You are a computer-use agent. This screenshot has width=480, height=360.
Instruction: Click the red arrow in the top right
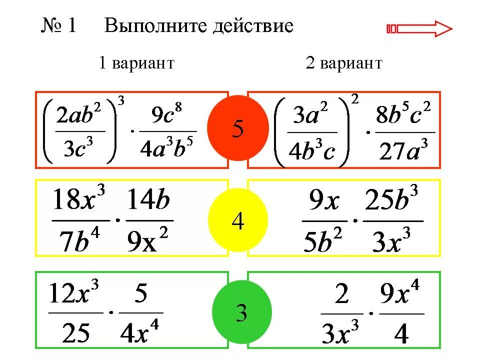click(419, 28)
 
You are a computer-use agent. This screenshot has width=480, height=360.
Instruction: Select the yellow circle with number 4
click(237, 220)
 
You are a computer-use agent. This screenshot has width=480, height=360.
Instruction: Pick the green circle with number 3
click(241, 313)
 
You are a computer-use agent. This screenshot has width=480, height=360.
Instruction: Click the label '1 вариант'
click(136, 63)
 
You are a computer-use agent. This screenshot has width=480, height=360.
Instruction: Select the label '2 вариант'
click(344, 63)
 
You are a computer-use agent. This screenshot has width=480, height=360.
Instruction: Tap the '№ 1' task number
click(58, 26)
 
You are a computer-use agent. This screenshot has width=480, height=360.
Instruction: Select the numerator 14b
click(148, 202)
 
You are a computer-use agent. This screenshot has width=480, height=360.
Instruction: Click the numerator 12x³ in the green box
click(74, 295)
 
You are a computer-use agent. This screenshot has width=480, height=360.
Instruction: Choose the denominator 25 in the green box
click(76, 331)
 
